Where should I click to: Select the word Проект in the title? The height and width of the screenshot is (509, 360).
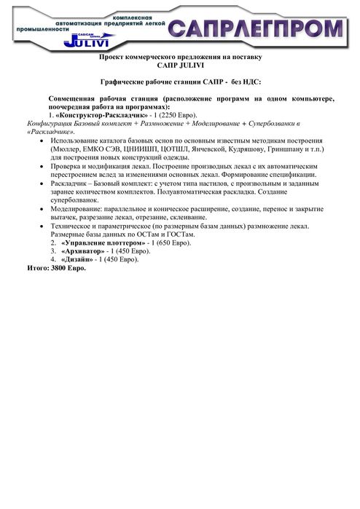pos(113,56)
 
